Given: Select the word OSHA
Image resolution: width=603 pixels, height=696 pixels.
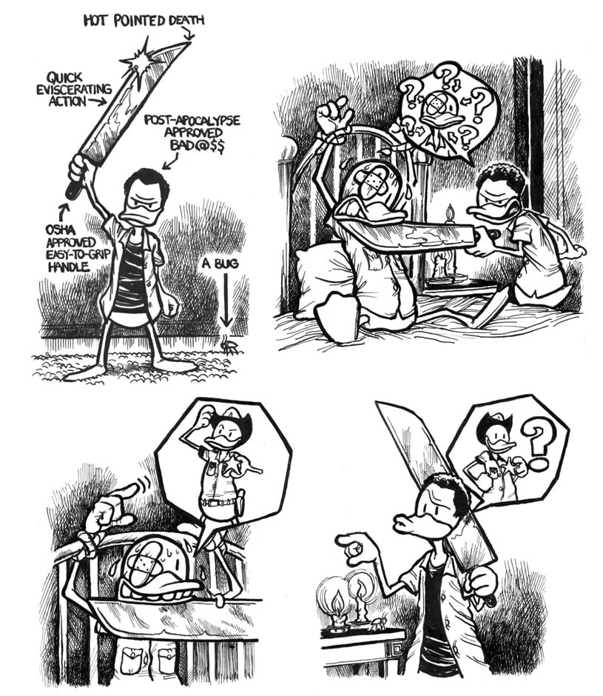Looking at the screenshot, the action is point(61,230).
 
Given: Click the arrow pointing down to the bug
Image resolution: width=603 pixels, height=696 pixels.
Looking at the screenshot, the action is point(226,302).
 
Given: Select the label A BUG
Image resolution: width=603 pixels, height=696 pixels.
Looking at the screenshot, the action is point(220,264).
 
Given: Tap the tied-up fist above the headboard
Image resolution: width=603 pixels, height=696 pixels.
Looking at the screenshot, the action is point(333,115).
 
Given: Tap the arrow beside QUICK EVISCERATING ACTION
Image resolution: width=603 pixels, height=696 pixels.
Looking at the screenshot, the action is point(97,102).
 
